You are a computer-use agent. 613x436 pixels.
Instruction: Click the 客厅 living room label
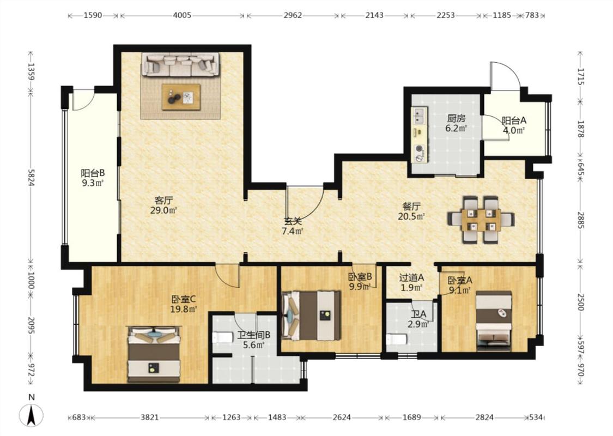point(164,201)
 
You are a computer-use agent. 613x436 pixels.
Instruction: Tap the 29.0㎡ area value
point(164,210)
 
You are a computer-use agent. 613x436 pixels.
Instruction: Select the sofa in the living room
point(180,64)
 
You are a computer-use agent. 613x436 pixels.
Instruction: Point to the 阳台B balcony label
point(93,173)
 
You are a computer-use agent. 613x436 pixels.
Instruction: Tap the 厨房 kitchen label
point(456,118)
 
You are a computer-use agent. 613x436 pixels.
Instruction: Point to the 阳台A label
point(514,120)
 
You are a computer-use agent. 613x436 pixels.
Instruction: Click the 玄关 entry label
point(293,221)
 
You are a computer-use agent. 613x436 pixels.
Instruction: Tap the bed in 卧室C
point(154,354)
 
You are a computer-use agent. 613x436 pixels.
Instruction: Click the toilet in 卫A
point(397,339)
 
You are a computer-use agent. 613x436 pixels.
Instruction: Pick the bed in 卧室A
point(494,320)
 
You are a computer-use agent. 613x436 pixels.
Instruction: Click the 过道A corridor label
point(412,277)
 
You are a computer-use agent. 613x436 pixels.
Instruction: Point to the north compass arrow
point(31,415)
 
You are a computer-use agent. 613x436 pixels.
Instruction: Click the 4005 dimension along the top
point(182,15)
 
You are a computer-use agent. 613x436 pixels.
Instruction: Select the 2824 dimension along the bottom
point(484,417)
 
